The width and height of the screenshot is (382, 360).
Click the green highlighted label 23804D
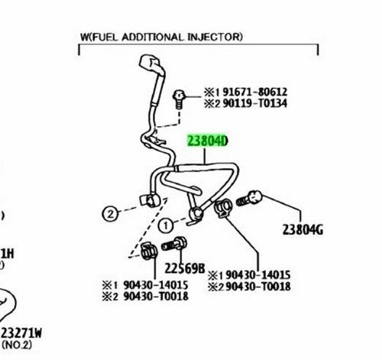pyautogui.click(x=207, y=141)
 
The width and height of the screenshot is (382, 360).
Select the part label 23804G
pyautogui.click(x=303, y=230)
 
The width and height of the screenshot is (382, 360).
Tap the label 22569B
pyautogui.click(x=185, y=268)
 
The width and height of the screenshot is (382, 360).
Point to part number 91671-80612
pyautogui.click(x=255, y=92)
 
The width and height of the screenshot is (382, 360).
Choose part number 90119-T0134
pyautogui.click(x=255, y=103)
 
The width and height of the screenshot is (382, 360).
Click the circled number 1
pyautogui.click(x=166, y=225)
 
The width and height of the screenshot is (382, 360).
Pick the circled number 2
pyautogui.click(x=110, y=214)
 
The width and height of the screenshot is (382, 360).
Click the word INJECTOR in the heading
pyautogui.click(x=215, y=37)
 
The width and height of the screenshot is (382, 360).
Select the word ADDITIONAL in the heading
pyautogui.click(x=153, y=37)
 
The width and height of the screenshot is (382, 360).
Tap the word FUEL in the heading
pyautogui.click(x=105, y=37)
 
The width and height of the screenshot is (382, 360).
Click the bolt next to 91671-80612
pyautogui.click(x=179, y=99)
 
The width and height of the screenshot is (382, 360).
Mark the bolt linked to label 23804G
pyautogui.click(x=249, y=198)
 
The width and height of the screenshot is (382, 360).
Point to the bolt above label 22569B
pyautogui.click(x=174, y=244)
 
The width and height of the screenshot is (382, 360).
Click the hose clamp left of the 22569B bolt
pyautogui.click(x=149, y=251)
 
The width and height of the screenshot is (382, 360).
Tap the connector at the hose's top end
pyautogui.click(x=151, y=64)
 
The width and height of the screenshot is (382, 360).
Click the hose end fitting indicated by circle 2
pyautogui.click(x=149, y=200)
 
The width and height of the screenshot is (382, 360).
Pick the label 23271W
pyautogui.click(x=21, y=333)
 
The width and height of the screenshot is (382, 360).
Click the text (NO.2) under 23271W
pyautogui.click(x=17, y=345)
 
